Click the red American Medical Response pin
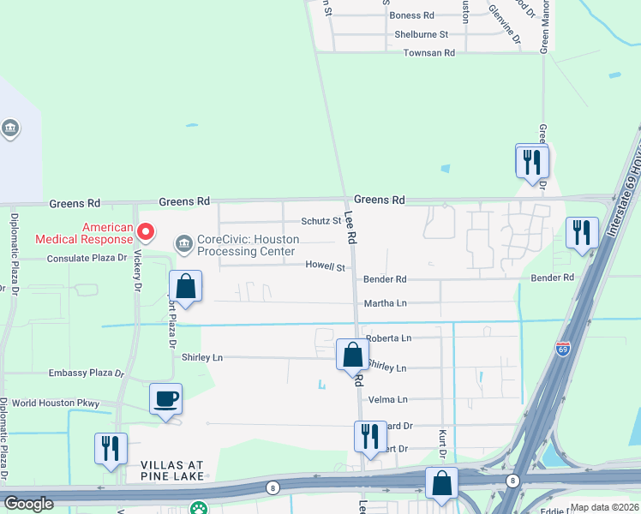click(x=146, y=231)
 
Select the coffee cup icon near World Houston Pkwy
click(x=165, y=398)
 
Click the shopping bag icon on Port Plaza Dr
click(x=185, y=286)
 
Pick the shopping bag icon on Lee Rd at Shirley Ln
click(x=352, y=353)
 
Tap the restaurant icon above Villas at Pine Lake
click(x=111, y=448)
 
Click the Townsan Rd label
click(x=428, y=53)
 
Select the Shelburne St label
click(x=421, y=34)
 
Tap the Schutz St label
click(x=322, y=220)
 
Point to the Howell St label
click(x=325, y=267)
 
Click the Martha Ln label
click(x=386, y=303)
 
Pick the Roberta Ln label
click(x=386, y=338)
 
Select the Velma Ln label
click(x=387, y=400)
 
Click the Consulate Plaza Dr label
click(x=87, y=258)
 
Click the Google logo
click(x=29, y=504)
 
